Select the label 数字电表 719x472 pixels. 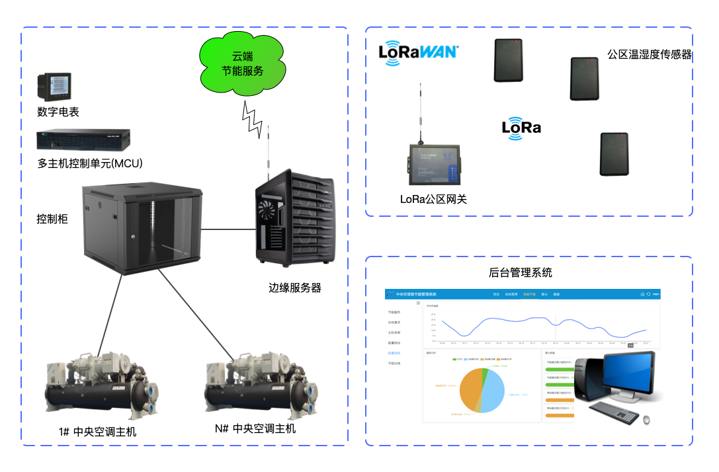pyautogui.click(x=58, y=112)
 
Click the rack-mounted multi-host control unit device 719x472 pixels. pyautogui.click(x=83, y=139)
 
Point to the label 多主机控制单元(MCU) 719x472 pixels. pyautogui.click(x=90, y=163)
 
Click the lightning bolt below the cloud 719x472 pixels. pyautogui.click(x=251, y=119)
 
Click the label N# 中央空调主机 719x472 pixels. pyautogui.click(x=255, y=429)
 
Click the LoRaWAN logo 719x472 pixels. pyautogui.click(x=418, y=52)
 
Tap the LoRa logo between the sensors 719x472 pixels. pyautogui.click(x=521, y=128)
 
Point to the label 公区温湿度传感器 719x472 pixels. pyautogui.click(x=649, y=55)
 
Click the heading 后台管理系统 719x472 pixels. pyautogui.click(x=520, y=272)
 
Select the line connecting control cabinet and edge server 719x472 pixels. pyautogui.click(x=228, y=229)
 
